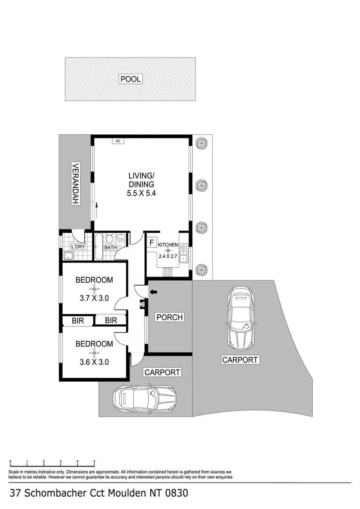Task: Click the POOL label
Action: pyautogui.click(x=131, y=79)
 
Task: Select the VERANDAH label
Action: pyautogui.click(x=74, y=184)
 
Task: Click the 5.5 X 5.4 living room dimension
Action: pyautogui.click(x=141, y=193)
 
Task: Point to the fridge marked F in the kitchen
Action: pyautogui.click(x=151, y=243)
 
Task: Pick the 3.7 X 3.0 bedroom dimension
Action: pyautogui.click(x=94, y=298)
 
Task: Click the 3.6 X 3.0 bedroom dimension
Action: pyautogui.click(x=94, y=362)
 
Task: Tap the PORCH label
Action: pyautogui.click(x=169, y=317)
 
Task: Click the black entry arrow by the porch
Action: pyautogui.click(x=154, y=293)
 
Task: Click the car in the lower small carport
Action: pyautogui.click(x=144, y=398)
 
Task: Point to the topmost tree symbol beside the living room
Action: pyautogui.click(x=202, y=143)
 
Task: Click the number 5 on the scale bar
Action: pyautogui.click(x=94, y=462)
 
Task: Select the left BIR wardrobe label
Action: pyautogui.click(x=78, y=320)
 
